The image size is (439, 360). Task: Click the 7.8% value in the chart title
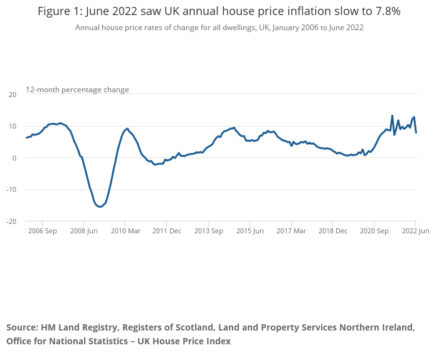[384, 11]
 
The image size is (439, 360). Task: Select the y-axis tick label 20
[13, 95]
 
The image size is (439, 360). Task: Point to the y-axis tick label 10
[13, 126]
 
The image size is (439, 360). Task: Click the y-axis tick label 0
[14, 158]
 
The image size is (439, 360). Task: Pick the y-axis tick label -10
[11, 189]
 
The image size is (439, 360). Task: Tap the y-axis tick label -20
[11, 221]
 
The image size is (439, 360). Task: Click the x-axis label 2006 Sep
[42, 231]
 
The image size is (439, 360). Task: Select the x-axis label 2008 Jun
[83, 231]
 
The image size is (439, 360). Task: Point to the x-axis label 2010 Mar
[125, 231]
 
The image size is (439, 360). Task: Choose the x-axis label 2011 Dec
[166, 231]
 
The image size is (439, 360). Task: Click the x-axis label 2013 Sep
[208, 231]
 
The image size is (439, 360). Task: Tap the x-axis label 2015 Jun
[250, 231]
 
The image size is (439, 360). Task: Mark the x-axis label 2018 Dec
[332, 231]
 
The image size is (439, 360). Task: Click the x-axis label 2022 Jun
[416, 231]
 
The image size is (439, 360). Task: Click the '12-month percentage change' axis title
[77, 90]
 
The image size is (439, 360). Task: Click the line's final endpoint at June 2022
[416, 132]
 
